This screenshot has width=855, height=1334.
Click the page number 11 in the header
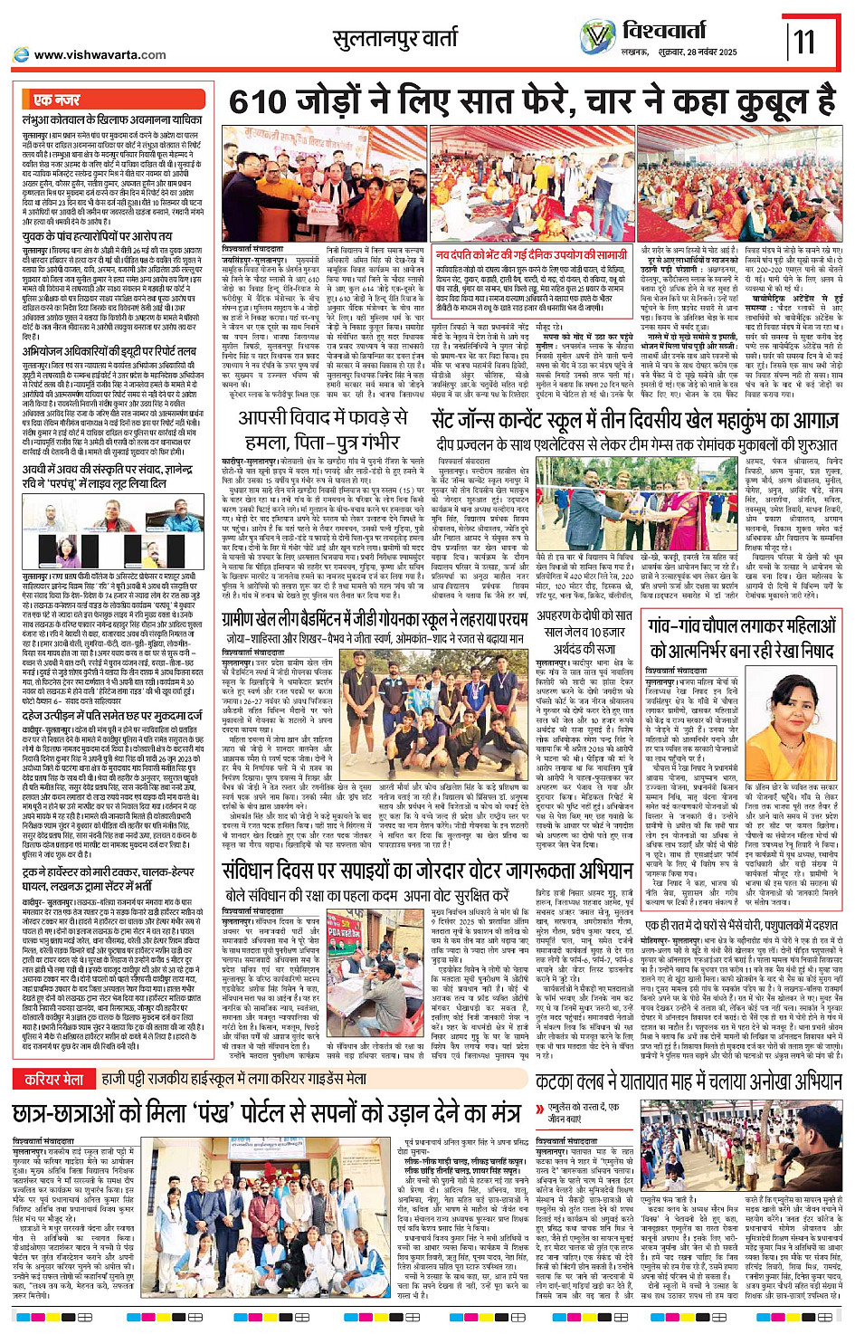pos(804,41)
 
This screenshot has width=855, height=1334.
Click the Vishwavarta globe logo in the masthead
pos(597,37)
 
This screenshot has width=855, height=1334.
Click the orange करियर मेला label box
pos(53,1079)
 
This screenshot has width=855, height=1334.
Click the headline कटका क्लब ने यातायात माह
pos(689,1081)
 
